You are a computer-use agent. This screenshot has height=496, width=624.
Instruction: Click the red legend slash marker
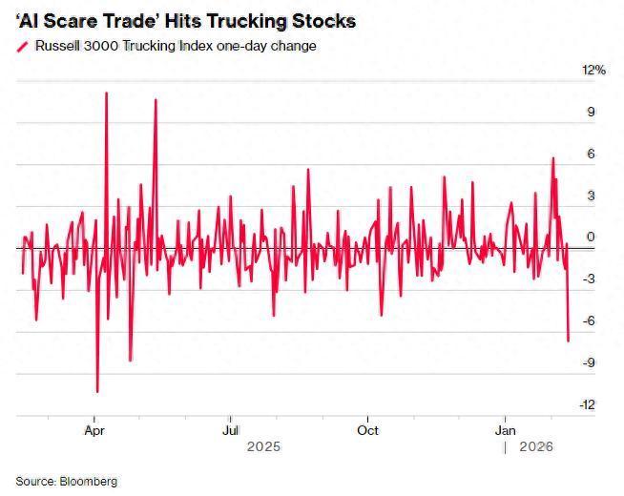click(x=23, y=46)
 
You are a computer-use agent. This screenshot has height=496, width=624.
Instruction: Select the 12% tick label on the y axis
click(x=593, y=71)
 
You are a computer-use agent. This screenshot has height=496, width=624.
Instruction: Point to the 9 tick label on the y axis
click(x=591, y=113)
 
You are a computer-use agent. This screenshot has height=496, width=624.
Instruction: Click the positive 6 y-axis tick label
click(x=591, y=155)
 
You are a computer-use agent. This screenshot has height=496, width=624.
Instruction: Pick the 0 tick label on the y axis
click(x=591, y=238)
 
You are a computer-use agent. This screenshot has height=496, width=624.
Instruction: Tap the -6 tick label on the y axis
click(x=589, y=321)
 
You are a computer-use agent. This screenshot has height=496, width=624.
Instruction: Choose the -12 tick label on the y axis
click(x=587, y=404)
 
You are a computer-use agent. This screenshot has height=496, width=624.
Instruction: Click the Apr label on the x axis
click(x=94, y=430)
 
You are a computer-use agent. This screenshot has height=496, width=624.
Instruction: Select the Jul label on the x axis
click(x=230, y=430)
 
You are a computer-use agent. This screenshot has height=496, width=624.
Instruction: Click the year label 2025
click(x=264, y=446)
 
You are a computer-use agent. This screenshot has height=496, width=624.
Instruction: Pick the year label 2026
click(x=536, y=446)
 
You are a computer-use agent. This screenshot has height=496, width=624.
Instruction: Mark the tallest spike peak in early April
click(x=106, y=93)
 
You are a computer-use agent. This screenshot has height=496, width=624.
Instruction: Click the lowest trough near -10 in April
click(x=97, y=391)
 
